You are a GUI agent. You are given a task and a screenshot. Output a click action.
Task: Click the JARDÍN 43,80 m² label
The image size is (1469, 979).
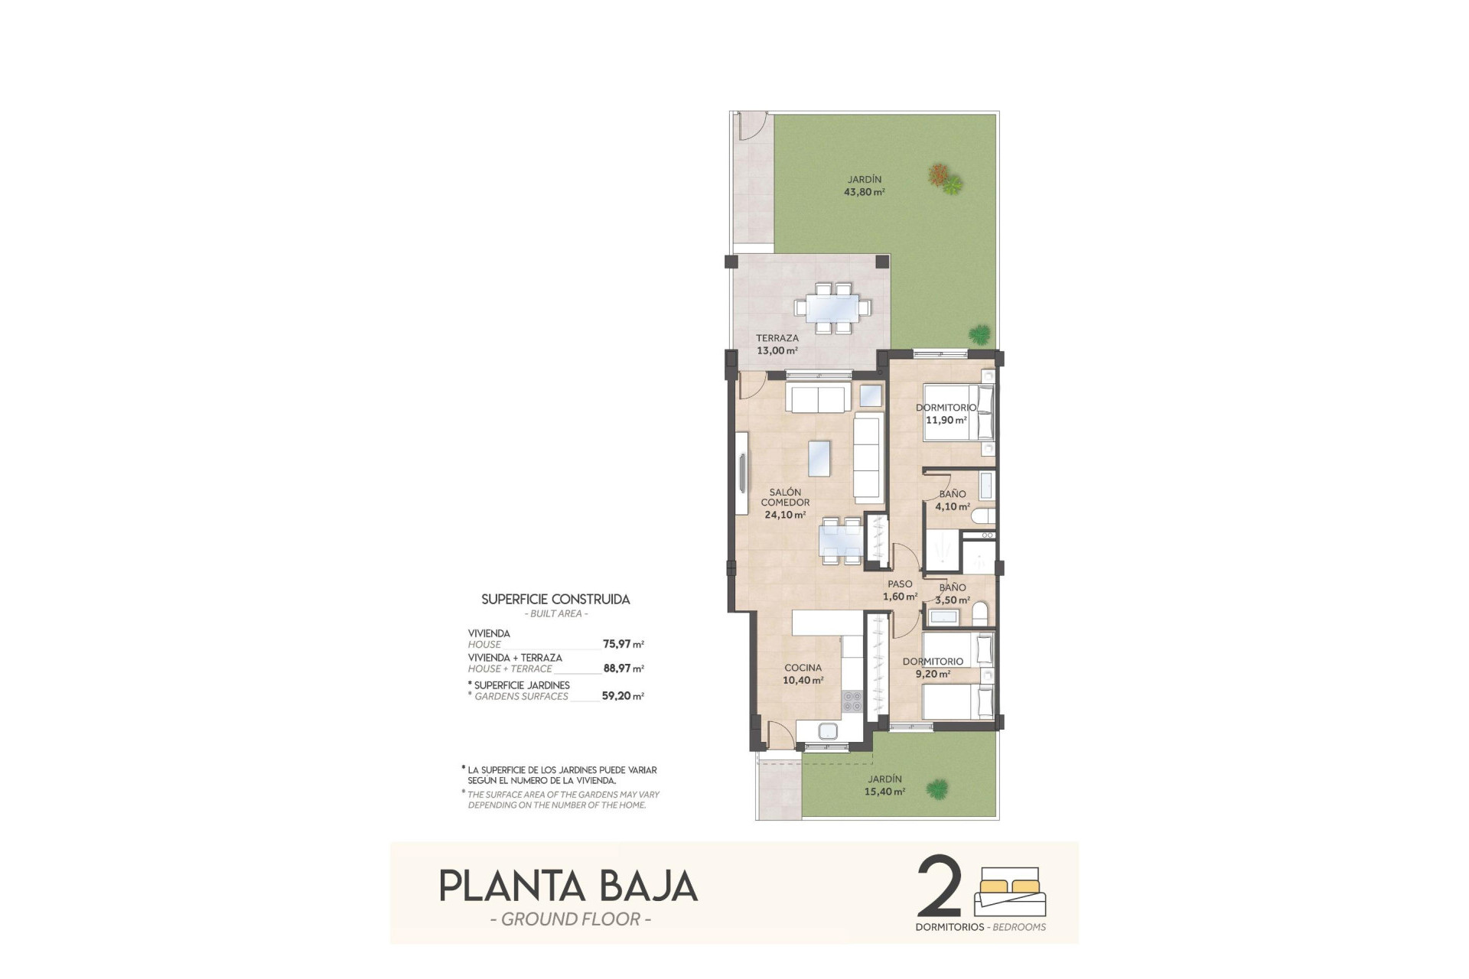tap(864, 186)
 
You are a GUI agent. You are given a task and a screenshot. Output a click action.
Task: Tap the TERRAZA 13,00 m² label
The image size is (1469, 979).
tap(777, 344)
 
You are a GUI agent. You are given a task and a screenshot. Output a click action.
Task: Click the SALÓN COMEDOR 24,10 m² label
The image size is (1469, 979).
tap(785, 503)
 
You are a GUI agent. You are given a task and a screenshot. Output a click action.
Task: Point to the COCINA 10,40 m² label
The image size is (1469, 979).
tap(803, 674)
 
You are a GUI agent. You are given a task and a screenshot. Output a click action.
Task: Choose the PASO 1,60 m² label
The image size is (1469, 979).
tap(900, 590)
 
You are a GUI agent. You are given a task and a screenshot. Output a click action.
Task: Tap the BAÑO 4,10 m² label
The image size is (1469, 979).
tap(953, 500)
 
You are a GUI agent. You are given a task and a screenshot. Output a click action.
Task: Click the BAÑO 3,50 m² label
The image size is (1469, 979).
tap(953, 594)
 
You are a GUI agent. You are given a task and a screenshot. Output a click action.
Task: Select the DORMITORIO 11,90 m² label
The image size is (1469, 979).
tap(946, 414)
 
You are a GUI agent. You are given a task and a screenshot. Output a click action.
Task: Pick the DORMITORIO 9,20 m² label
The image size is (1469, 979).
tap(933, 668)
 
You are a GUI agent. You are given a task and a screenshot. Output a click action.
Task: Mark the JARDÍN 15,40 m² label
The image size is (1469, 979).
tap(884, 785)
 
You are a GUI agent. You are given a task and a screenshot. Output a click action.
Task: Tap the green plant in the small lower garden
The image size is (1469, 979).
tap(936, 788)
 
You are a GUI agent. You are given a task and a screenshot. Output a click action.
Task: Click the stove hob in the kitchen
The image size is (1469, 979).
tap(852, 701)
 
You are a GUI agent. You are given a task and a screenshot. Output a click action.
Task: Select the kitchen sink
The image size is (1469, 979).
tap(829, 731)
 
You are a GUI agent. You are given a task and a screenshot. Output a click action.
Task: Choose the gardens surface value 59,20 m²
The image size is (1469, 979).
tap(622, 696)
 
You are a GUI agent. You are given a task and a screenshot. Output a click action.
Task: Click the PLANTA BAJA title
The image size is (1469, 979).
tap(568, 886)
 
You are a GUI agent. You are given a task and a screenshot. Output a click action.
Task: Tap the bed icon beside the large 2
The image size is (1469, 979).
tap(1010, 891)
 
